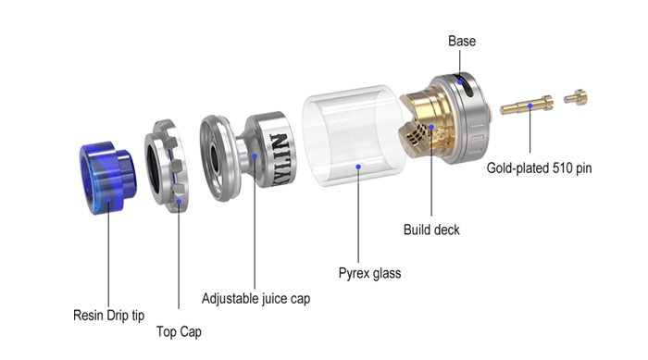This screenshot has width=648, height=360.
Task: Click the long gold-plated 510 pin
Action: pyautogui.click(x=525, y=107)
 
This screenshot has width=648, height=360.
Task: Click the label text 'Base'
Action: pyautogui.click(x=462, y=42)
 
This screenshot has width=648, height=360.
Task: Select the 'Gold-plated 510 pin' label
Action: pyautogui.click(x=540, y=169)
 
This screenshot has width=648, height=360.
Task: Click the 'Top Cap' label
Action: pyautogui.click(x=178, y=330)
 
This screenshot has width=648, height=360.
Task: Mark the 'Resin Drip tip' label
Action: pyautogui.click(x=108, y=315)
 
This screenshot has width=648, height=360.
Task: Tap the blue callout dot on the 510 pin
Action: pyautogui.click(x=530, y=106)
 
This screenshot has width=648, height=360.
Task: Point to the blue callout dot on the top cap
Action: pyautogui.click(x=177, y=199)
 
